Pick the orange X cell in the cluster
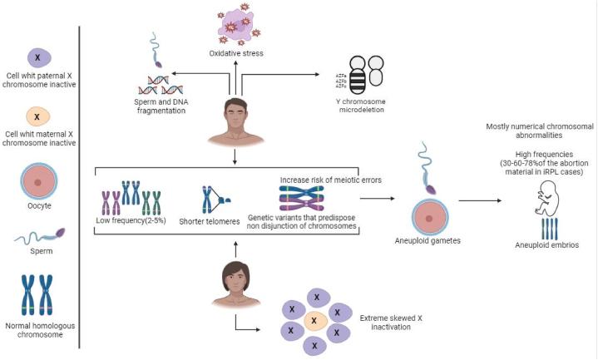[314, 319]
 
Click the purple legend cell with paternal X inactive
[39, 56]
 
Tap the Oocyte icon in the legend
[39, 180]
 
